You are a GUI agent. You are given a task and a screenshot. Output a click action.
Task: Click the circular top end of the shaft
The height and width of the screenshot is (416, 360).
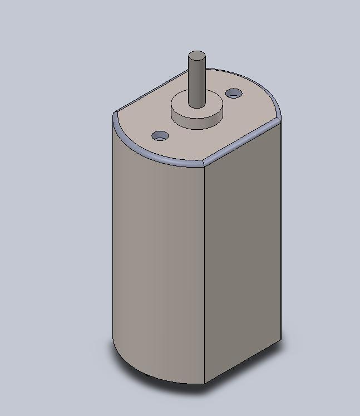pos(196,56)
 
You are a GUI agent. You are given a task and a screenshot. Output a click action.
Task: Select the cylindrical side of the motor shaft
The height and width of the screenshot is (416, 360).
pos(196,84)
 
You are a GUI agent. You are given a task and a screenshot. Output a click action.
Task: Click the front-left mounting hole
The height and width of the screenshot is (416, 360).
pos(160,135)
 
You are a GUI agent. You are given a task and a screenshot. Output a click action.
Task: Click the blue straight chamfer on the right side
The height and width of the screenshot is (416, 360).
pos(242,141)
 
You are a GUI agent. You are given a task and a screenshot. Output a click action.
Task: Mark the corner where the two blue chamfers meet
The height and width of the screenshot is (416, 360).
pos(204,164)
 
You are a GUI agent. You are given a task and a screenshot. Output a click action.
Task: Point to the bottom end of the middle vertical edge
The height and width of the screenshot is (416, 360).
pos(205,383)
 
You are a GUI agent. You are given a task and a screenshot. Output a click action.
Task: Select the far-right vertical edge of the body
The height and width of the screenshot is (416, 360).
pos(280,234)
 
